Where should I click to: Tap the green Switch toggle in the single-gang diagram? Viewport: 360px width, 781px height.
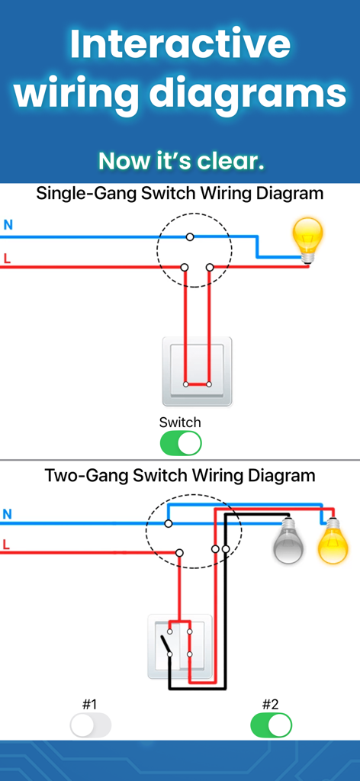click(x=181, y=443)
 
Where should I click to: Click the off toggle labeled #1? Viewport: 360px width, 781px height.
click(x=91, y=725)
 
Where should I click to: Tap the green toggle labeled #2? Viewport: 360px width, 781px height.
click(x=272, y=725)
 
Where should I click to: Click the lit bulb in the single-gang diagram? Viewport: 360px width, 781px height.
click(x=308, y=239)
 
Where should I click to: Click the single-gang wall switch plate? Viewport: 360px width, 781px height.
click(x=197, y=371)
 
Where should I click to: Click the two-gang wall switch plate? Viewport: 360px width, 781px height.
click(x=180, y=647)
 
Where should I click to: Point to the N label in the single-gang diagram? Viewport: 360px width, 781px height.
click(x=8, y=225)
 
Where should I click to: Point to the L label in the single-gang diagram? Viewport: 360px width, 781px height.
click(x=7, y=259)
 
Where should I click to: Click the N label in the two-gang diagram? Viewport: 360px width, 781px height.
click(x=8, y=514)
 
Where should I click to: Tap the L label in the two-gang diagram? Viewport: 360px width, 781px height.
click(x=7, y=545)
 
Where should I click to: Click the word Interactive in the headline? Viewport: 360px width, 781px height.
click(x=180, y=45)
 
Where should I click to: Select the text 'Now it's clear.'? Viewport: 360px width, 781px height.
click(x=181, y=161)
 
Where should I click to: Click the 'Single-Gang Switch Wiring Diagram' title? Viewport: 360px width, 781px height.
click(x=180, y=194)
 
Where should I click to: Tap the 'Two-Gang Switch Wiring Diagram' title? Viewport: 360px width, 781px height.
click(x=180, y=476)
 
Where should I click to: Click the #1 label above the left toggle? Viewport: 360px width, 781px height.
click(x=90, y=704)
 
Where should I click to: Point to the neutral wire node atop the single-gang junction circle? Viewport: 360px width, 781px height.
click(x=190, y=236)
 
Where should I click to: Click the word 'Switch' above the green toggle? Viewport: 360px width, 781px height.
click(x=180, y=423)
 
